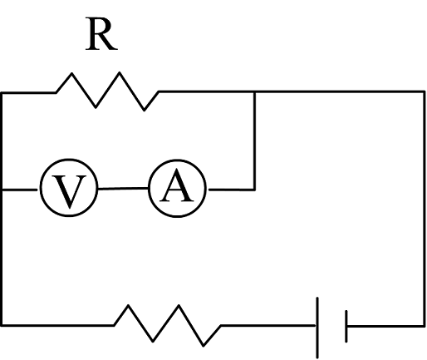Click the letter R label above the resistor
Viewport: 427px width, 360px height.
click(101, 34)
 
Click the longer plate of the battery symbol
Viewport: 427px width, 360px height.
click(317, 328)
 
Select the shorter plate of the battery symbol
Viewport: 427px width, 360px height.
click(346, 326)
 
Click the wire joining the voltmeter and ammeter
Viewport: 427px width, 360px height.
click(123, 189)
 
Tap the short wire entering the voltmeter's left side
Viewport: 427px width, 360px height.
click(19, 190)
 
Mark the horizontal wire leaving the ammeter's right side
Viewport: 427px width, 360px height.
click(232, 190)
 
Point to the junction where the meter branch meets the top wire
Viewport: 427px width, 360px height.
click(254, 91)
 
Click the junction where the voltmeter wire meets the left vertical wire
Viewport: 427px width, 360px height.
click(2, 190)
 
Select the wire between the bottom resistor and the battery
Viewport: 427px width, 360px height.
click(268, 325)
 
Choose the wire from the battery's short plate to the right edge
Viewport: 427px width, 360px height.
click(385, 326)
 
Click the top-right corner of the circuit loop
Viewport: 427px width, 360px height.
click(424, 91)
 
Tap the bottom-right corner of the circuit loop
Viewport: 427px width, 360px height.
click(424, 326)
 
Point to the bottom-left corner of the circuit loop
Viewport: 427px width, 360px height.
click(2, 325)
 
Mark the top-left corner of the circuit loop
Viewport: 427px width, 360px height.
click(2, 93)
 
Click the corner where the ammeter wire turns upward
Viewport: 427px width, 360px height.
click(254, 190)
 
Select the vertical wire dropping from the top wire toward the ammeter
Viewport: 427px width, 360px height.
click(254, 141)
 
